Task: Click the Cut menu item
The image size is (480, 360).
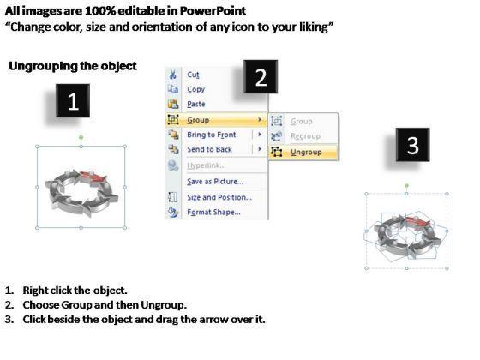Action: pyautogui.click(x=193, y=75)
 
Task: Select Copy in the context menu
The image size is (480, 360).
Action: pyautogui.click(x=196, y=89)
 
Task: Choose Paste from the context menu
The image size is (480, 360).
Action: pyautogui.click(x=196, y=104)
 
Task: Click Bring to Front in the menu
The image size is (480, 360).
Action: pyautogui.click(x=212, y=135)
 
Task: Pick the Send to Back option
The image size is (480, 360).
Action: pyautogui.click(x=210, y=149)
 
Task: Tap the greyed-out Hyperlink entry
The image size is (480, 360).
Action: pyautogui.click(x=207, y=165)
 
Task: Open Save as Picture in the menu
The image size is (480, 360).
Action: pyautogui.click(x=215, y=182)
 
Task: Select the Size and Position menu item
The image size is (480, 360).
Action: pyautogui.click(x=219, y=197)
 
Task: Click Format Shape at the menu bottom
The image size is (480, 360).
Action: pyautogui.click(x=213, y=212)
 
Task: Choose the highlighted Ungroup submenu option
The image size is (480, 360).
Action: pyautogui.click(x=306, y=153)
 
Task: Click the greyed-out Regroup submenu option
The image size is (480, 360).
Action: pyautogui.click(x=305, y=136)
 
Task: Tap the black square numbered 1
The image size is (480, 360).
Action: pyautogui.click(x=73, y=101)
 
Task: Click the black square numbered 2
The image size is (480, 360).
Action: pyautogui.click(x=261, y=77)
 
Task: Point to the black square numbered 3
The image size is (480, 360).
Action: pyautogui.click(x=412, y=145)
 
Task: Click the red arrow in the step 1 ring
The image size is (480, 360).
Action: pyautogui.click(x=93, y=177)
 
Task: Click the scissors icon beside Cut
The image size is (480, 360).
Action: pyautogui.click(x=173, y=75)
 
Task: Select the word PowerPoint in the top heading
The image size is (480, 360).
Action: pyautogui.click(x=213, y=11)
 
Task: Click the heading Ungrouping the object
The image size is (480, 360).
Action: pyautogui.click(x=73, y=66)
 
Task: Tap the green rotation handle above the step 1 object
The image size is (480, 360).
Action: pyautogui.click(x=81, y=138)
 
